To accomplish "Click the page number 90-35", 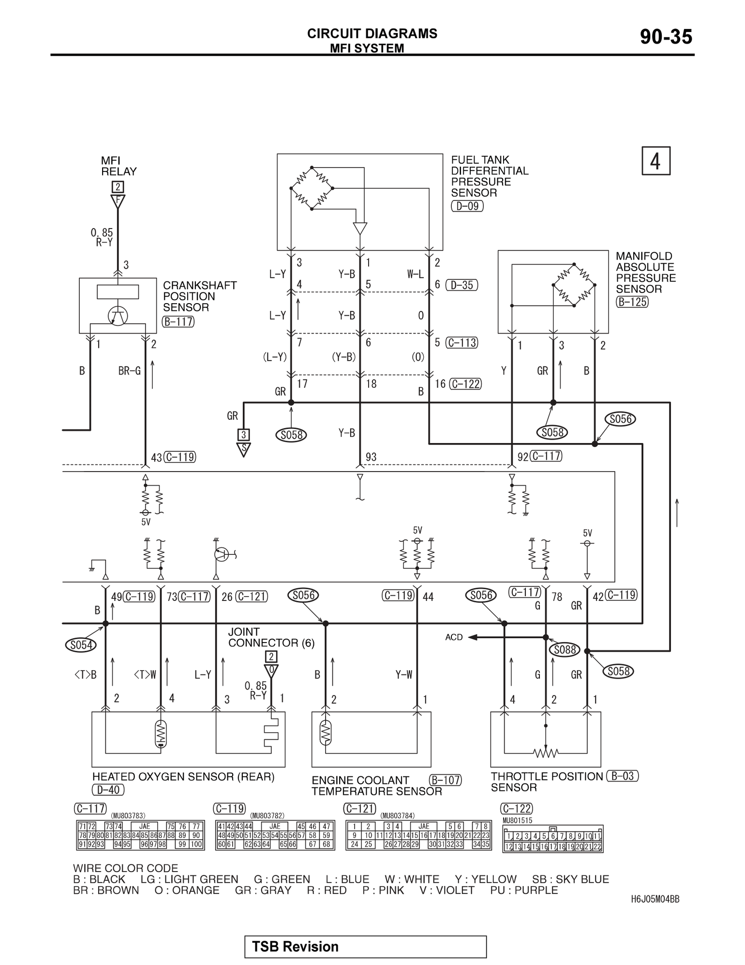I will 666,37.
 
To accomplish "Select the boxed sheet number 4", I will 656,161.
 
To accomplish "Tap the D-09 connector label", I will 467,206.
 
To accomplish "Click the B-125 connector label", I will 632,302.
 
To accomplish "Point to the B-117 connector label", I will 179,322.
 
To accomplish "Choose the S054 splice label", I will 80,645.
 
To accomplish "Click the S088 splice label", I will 565,650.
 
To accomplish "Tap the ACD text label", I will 454,637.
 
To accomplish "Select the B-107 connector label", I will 445,780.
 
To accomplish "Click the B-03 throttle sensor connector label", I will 623,776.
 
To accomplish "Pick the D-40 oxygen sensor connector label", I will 108,790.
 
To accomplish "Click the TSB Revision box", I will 365,947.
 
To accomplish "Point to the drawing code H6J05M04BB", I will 655,899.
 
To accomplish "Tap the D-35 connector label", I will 462,285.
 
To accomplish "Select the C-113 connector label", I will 462,343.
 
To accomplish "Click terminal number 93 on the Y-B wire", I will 371,457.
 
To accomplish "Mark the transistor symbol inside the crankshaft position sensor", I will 118,316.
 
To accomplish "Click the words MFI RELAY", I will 119,166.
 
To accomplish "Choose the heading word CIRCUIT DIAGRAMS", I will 372,33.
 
